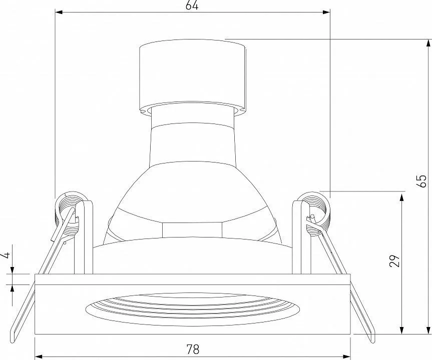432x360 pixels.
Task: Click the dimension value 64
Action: pyautogui.click(x=192, y=5)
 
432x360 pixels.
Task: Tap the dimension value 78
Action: pyautogui.click(x=193, y=349)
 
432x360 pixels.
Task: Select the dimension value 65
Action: pyautogui.click(x=421, y=181)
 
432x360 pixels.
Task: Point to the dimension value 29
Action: pyautogui.click(x=394, y=261)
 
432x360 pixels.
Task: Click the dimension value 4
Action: pyautogui.click(x=7, y=255)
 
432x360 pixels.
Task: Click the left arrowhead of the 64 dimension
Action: pyautogui.click(x=59, y=12)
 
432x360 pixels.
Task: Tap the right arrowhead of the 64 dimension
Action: pyautogui.click(x=326, y=12)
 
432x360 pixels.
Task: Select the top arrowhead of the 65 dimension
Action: pyautogui.click(x=428, y=43)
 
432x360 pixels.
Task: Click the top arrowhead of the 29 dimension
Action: pyautogui.click(x=401, y=197)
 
